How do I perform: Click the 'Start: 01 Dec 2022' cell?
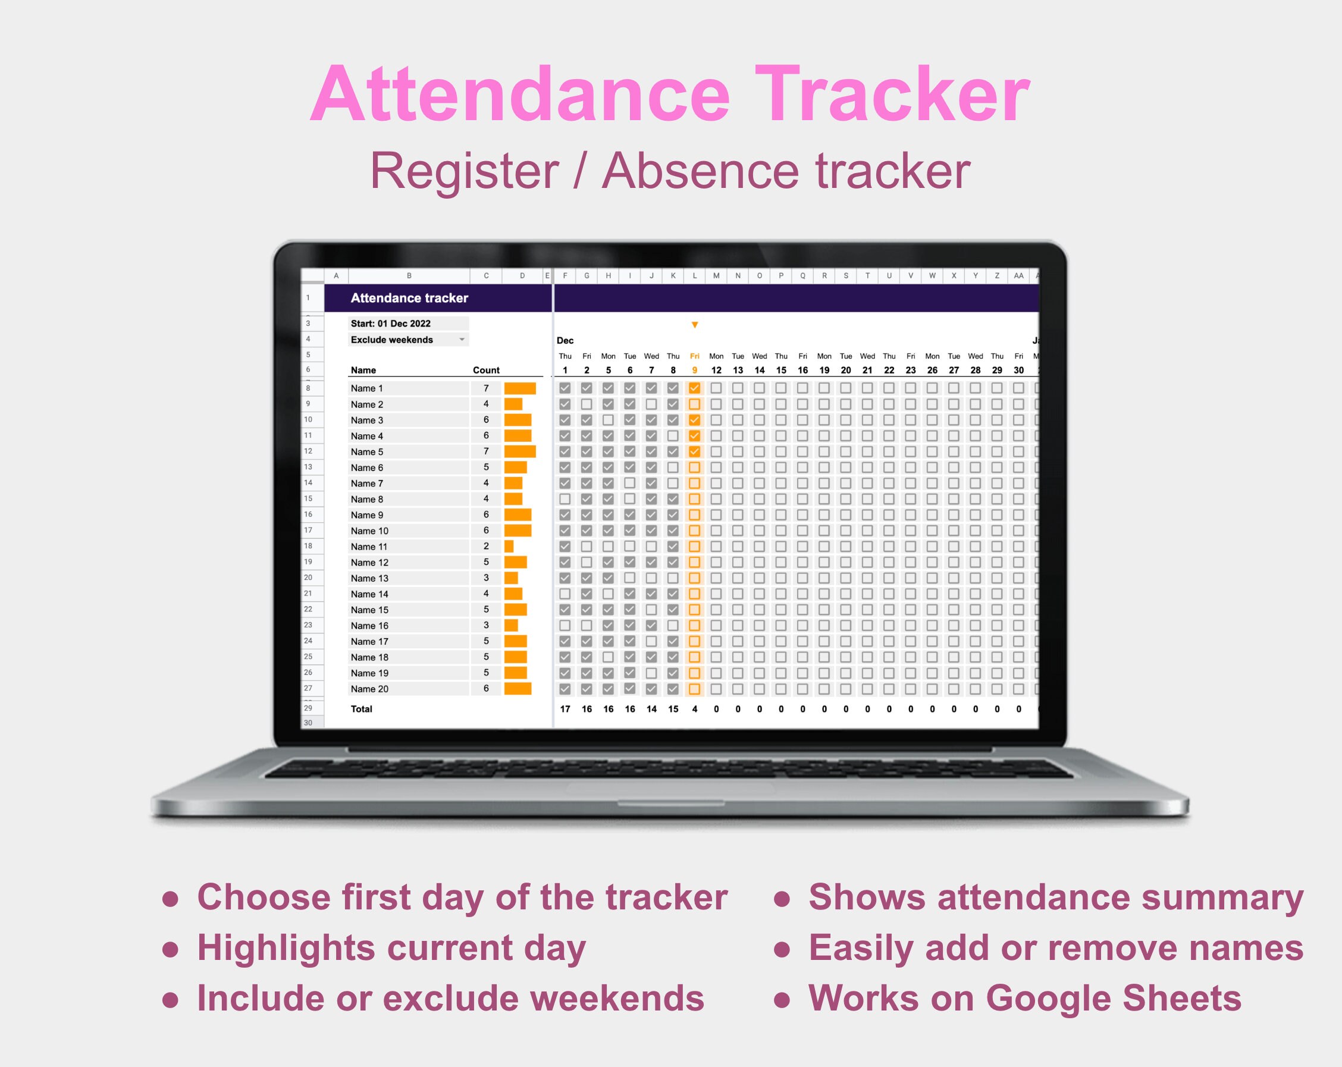[391, 323]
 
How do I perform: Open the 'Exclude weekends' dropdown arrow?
[462, 339]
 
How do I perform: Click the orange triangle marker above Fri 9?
[695, 325]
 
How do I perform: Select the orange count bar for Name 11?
[509, 547]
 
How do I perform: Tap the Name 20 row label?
[369, 689]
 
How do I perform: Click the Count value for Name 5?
[486, 451]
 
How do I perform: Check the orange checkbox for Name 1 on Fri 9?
[695, 388]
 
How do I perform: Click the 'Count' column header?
[486, 370]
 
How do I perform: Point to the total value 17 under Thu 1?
[565, 708]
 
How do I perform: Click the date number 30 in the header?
[1018, 370]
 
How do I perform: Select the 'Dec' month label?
[565, 341]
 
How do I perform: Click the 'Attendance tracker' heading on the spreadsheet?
[409, 297]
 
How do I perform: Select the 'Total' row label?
[362, 708]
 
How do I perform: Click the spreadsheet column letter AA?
[1018, 275]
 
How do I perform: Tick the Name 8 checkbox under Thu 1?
[565, 498]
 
